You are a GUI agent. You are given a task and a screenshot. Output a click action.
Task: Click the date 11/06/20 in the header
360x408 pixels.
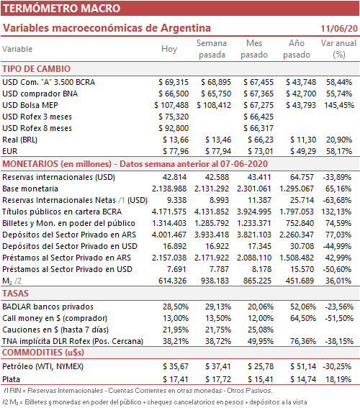(339, 28)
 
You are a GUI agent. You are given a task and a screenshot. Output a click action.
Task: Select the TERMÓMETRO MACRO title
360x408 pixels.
(61, 9)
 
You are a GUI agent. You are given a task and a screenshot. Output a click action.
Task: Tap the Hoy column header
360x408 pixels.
(169, 49)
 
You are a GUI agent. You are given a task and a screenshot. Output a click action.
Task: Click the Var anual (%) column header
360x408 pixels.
(338, 49)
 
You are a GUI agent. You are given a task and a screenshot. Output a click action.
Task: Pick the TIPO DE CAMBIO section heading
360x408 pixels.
(37, 69)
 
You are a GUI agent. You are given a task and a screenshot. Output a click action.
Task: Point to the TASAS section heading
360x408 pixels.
(15, 294)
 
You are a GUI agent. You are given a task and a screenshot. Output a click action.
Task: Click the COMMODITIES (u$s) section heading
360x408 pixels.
(43, 353)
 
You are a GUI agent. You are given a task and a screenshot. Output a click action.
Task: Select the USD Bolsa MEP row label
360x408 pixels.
(30, 105)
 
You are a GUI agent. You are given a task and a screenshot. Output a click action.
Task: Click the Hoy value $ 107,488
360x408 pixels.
(171, 105)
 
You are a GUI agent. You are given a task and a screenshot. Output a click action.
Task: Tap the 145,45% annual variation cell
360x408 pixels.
(339, 105)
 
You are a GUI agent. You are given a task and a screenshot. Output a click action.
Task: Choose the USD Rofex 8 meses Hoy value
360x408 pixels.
(174, 128)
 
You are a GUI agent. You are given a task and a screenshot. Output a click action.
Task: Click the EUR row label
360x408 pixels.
(10, 151)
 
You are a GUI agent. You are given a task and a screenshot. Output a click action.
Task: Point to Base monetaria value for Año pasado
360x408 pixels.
(297, 189)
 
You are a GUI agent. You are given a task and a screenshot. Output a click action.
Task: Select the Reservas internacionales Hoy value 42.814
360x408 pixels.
(174, 177)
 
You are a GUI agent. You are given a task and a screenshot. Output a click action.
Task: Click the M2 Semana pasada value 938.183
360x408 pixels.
(215, 281)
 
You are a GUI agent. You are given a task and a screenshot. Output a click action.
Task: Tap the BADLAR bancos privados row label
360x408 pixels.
(48, 307)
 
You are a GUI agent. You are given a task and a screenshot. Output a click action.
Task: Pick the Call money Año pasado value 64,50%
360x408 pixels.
(303, 318)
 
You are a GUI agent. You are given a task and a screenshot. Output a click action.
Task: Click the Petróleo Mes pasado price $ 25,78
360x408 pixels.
(261, 366)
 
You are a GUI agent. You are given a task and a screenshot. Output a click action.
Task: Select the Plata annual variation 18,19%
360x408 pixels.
(338, 379)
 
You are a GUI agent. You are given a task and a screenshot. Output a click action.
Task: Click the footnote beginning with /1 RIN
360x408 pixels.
(138, 391)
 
